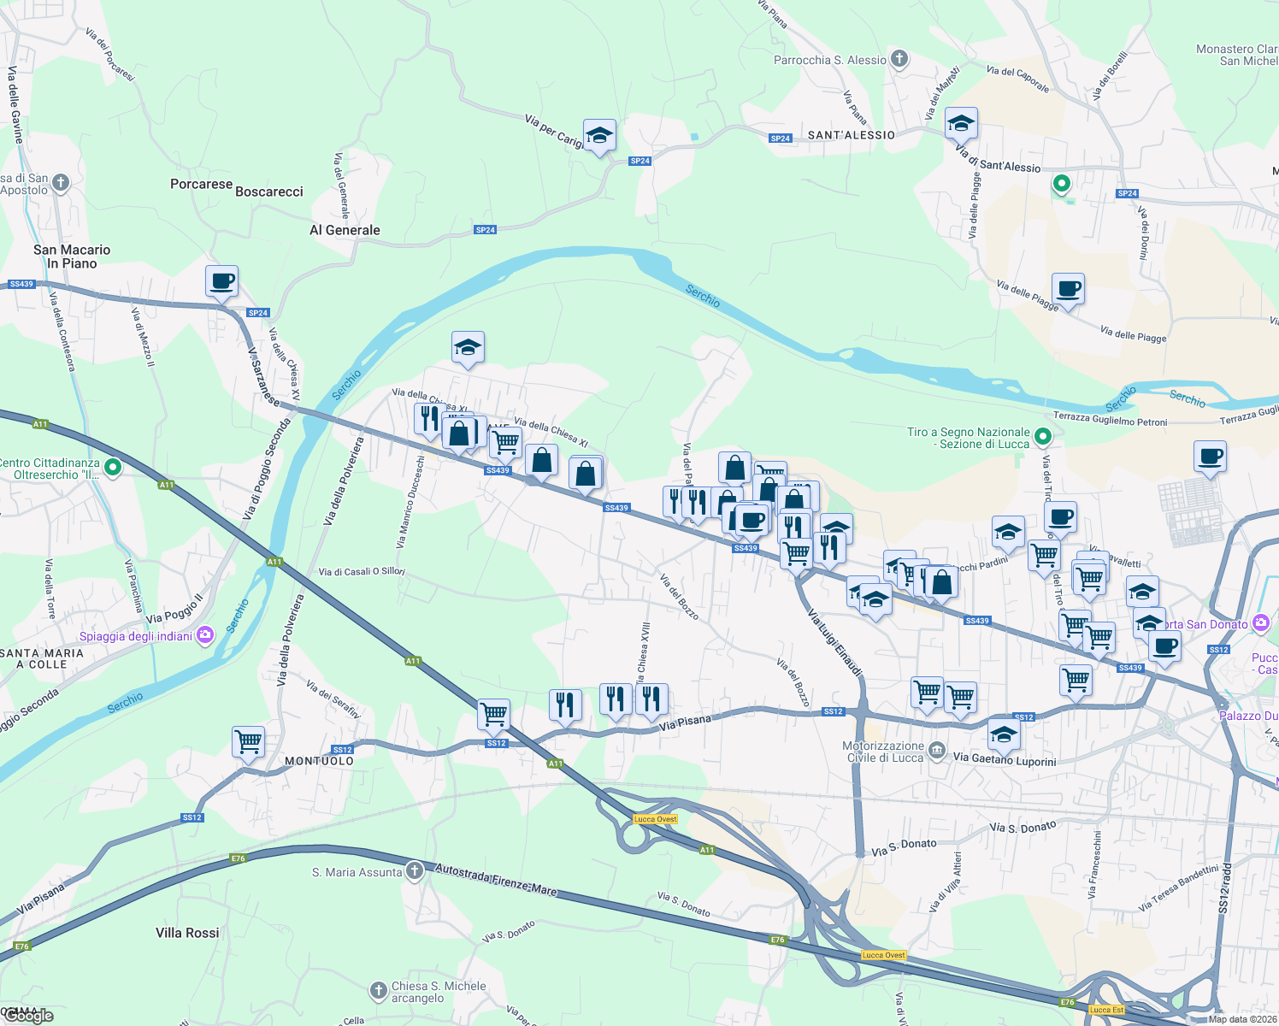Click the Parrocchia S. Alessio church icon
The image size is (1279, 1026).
click(899, 59)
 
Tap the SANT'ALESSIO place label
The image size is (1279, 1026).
click(851, 135)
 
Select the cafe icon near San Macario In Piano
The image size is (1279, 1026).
click(221, 280)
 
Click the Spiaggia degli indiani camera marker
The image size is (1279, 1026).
click(204, 635)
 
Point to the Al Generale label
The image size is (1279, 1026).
click(345, 230)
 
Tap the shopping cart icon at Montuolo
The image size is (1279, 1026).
click(248, 741)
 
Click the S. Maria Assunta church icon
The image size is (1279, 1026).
click(415, 871)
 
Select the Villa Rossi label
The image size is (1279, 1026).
click(187, 933)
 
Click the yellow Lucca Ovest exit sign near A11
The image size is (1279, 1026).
click(656, 819)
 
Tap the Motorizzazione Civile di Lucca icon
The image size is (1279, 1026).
click(938, 752)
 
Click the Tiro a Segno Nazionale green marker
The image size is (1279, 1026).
click(1042, 437)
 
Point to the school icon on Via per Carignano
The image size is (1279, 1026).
click(599, 135)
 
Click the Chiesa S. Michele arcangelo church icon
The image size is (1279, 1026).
click(379, 991)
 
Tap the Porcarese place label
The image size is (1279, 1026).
click(201, 184)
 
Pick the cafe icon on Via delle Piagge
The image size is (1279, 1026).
click(1068, 288)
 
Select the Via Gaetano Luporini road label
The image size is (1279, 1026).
click(1005, 759)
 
